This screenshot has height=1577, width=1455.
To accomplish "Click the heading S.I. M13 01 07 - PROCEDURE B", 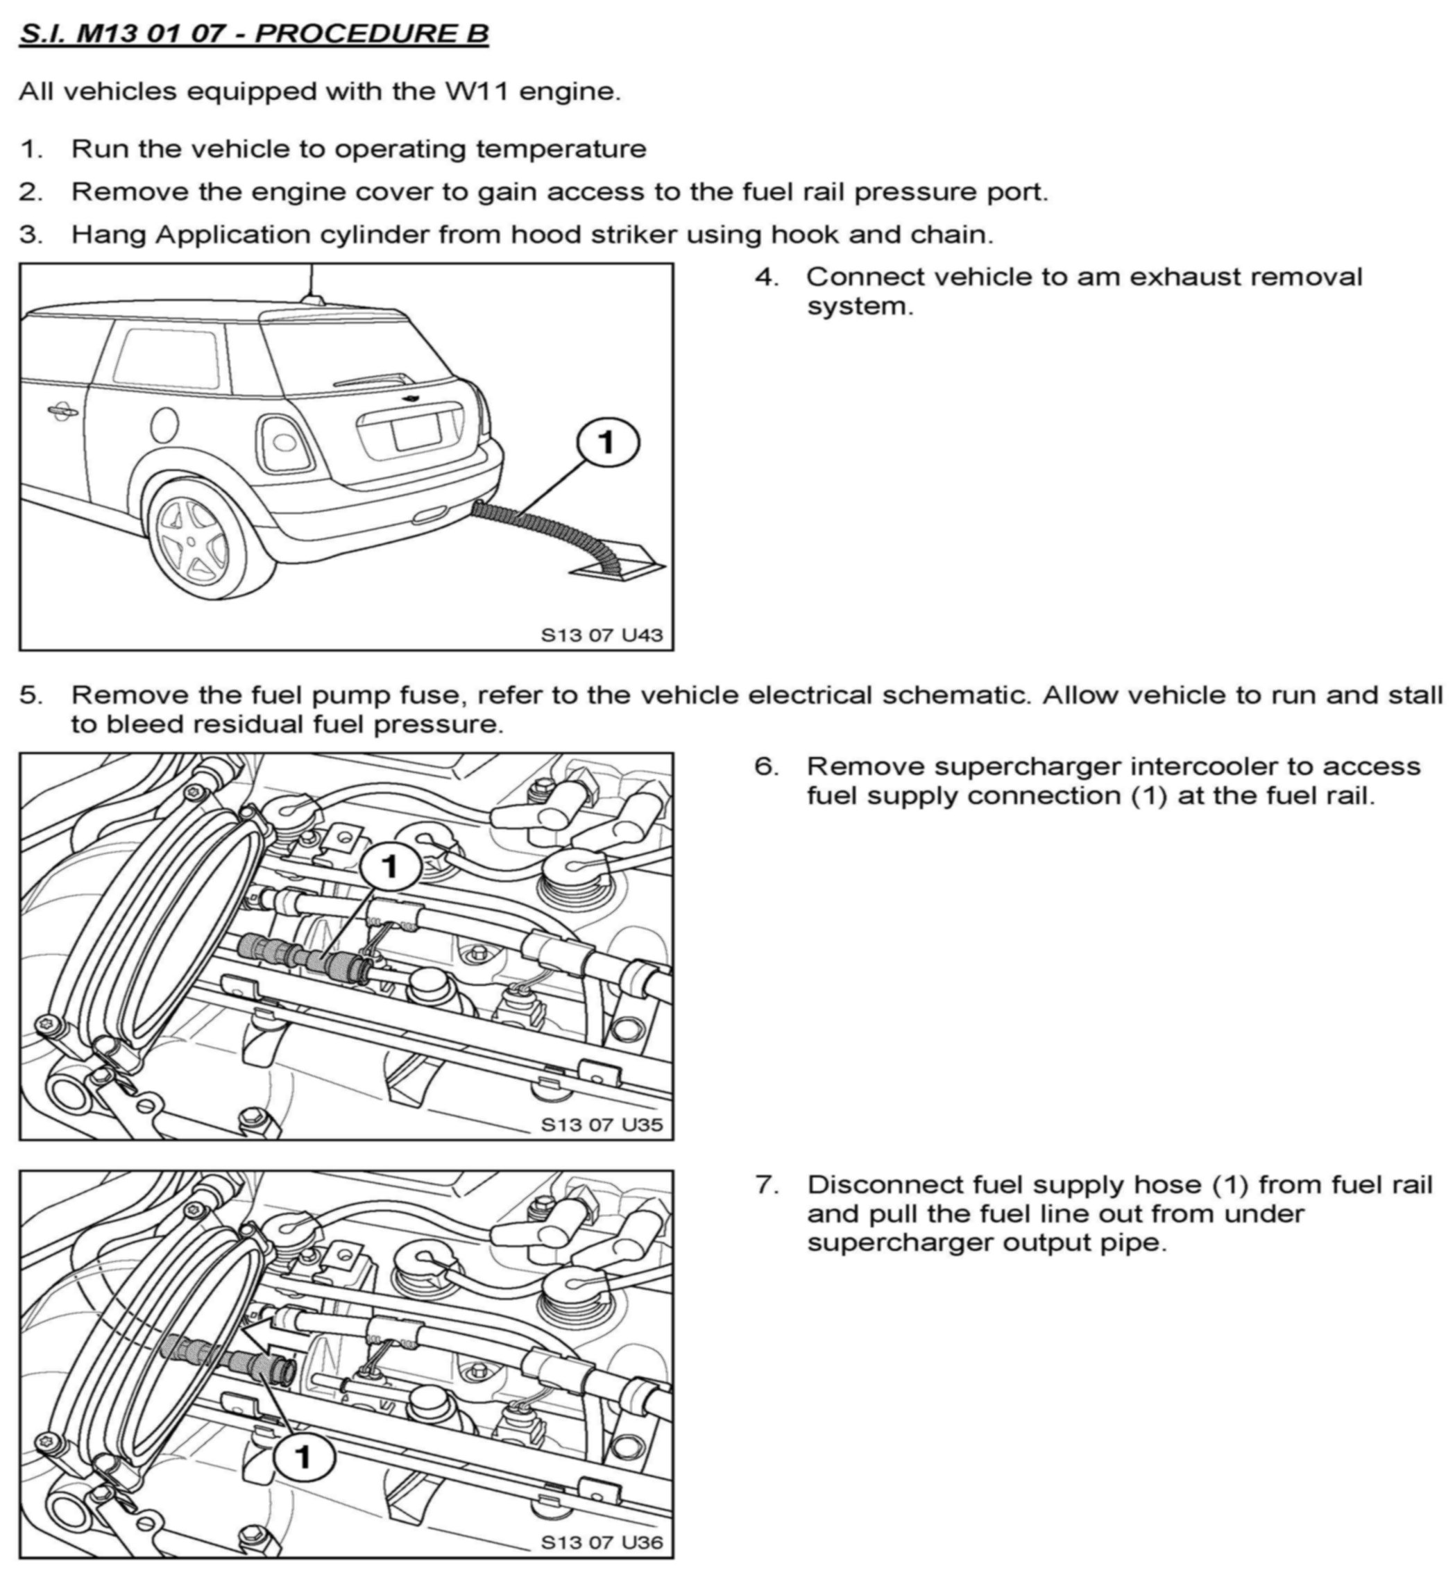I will [x=253, y=34].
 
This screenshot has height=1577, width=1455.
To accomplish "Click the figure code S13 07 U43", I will [x=602, y=635].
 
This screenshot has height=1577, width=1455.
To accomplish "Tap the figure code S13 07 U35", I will [x=602, y=1124].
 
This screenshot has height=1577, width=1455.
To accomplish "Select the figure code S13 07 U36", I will [x=602, y=1542].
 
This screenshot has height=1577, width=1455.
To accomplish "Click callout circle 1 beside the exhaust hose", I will [x=607, y=443].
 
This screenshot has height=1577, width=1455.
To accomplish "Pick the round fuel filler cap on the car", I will [x=165, y=426].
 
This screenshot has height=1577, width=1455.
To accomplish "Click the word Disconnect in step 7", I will [x=884, y=1184].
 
